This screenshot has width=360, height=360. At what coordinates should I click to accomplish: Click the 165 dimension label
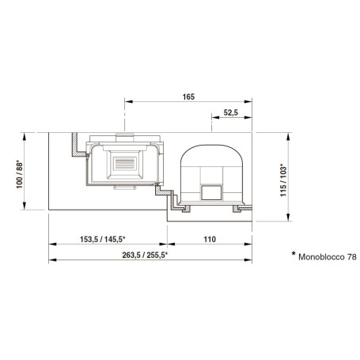click(188, 97)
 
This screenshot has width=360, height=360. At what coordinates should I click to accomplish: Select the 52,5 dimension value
click(231, 112)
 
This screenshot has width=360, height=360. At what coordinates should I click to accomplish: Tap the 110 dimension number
click(210, 239)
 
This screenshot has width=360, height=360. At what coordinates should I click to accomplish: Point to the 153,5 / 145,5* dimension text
click(103, 239)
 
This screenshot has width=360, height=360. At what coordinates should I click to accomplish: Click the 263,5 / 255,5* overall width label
click(145, 255)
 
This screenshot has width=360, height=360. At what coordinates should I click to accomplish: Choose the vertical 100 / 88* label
click(20, 174)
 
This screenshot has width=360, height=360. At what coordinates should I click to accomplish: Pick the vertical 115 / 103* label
click(283, 181)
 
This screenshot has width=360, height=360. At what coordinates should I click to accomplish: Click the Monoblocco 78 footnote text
click(328, 257)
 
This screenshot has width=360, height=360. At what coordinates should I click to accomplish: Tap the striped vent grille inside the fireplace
click(125, 164)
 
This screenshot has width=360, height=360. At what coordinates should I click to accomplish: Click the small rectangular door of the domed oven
click(211, 192)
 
